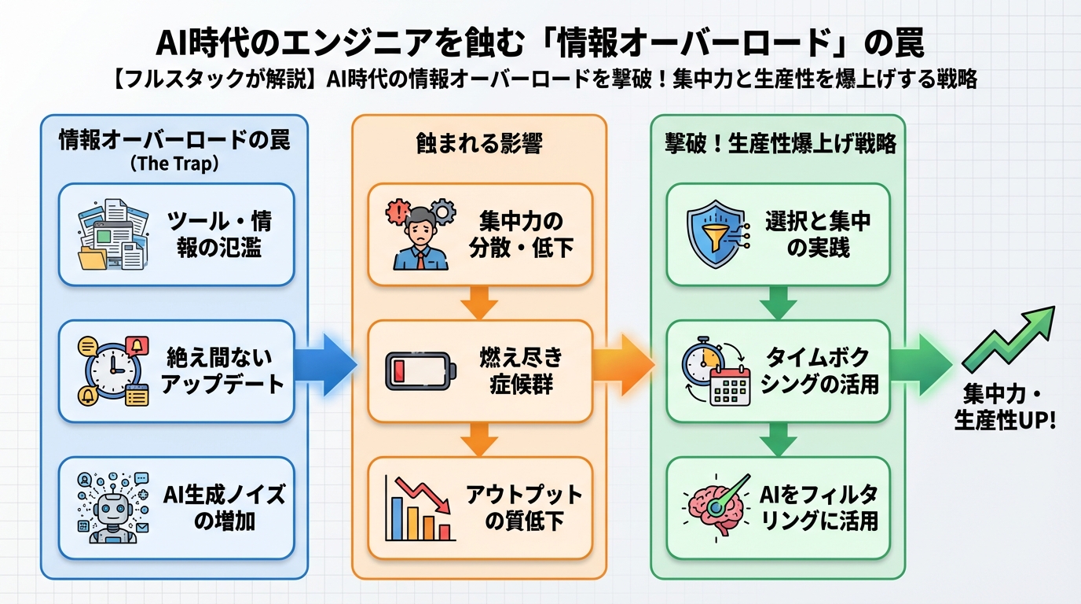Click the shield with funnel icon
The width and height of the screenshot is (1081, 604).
(715, 234)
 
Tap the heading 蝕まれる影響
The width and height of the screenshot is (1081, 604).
(478, 143)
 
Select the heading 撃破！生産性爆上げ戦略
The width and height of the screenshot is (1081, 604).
(779, 143)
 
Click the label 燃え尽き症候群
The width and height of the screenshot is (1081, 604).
(521, 370)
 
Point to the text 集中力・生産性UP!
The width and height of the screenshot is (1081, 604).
(1005, 408)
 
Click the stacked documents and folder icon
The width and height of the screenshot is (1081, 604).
(112, 234)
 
